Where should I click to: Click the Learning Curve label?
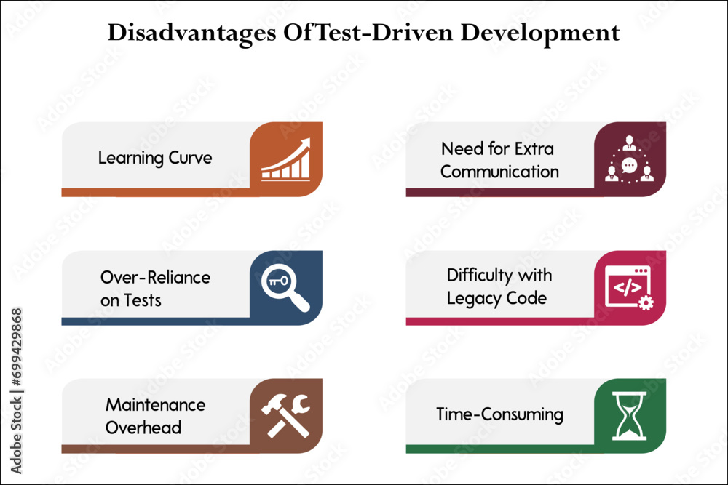pos(155,157)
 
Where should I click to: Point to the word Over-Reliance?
pos(156,277)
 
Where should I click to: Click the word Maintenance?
pos(156,405)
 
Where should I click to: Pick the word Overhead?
pos(143,428)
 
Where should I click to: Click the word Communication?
pos(499,172)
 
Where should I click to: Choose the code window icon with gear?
pos(628,287)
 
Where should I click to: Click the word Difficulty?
pos(476,276)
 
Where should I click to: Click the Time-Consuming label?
pos(499,414)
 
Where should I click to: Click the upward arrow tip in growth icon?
pos(306,142)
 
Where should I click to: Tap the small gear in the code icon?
pos(645,302)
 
